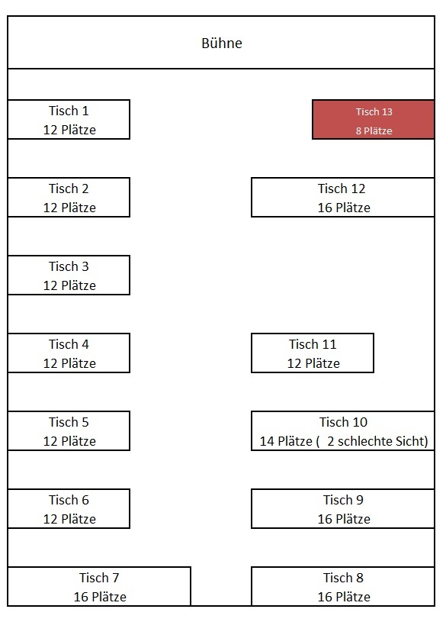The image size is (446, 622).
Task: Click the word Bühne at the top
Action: (x=222, y=44)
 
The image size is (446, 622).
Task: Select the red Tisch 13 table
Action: (x=374, y=120)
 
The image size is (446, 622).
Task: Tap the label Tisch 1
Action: (x=69, y=111)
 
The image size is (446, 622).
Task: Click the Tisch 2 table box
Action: (x=69, y=198)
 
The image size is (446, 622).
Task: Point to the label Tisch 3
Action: (x=69, y=267)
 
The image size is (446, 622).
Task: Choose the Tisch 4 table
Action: (x=69, y=353)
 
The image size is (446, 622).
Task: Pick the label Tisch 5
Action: (x=69, y=423)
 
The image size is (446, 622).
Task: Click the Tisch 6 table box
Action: (x=69, y=509)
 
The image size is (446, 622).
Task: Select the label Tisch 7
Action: (x=99, y=578)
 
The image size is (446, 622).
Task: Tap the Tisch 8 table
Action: (x=343, y=587)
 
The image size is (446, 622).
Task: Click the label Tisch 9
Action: (x=343, y=501)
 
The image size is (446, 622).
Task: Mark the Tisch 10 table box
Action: (x=343, y=431)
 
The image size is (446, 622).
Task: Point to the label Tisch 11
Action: (x=313, y=345)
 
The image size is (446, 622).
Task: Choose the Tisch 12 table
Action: (x=343, y=198)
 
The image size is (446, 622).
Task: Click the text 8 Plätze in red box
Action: (x=374, y=131)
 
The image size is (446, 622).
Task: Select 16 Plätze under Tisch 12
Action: (x=343, y=208)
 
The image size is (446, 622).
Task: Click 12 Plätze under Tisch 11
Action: (x=313, y=364)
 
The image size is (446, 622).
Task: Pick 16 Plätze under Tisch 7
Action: (x=99, y=598)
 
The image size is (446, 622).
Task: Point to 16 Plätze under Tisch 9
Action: (x=343, y=520)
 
